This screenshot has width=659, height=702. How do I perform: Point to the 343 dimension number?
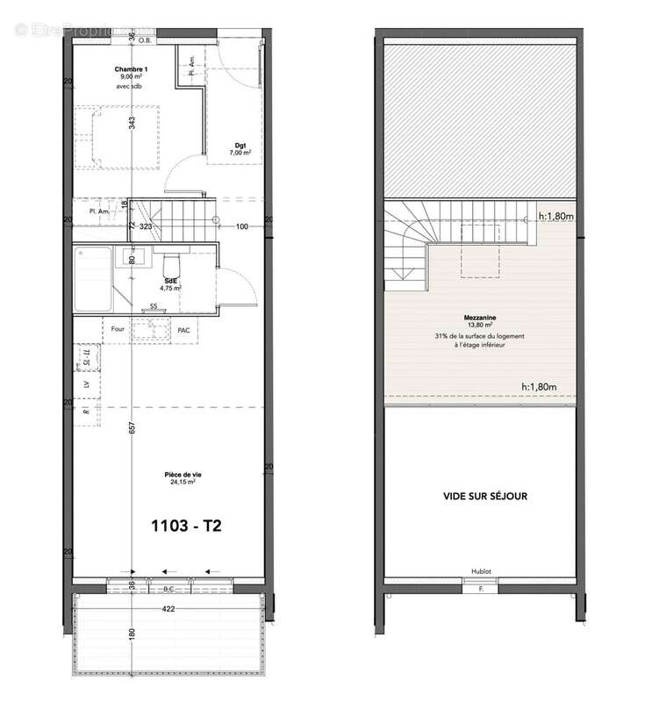[x=133, y=123]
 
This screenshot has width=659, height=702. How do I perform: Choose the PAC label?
[x=183, y=329]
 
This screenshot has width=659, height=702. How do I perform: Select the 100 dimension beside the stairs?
[x=243, y=226]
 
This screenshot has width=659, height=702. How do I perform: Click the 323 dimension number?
[x=147, y=226]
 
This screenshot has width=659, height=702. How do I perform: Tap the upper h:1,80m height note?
[x=555, y=216]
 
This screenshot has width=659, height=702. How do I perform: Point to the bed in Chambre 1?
[x=117, y=136]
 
